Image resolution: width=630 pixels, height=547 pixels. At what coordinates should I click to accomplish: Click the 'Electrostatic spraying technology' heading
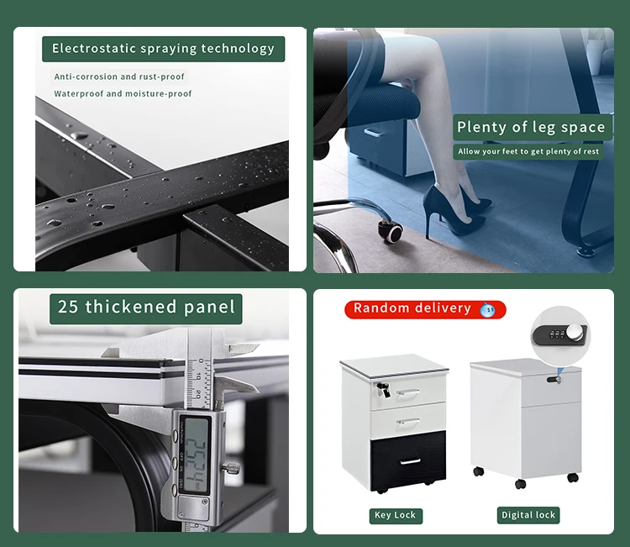click(163, 49)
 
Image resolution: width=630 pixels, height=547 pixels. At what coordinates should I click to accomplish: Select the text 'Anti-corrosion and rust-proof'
click(119, 76)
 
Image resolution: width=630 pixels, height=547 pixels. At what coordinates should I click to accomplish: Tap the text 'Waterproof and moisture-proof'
click(123, 94)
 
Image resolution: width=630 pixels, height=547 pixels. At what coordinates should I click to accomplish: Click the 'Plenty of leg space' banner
click(530, 128)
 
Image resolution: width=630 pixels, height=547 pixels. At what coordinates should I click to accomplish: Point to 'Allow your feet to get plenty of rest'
click(529, 152)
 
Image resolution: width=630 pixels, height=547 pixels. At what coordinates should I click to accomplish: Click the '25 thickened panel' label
click(146, 308)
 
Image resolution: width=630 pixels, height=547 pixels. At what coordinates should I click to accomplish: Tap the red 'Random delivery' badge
click(413, 308)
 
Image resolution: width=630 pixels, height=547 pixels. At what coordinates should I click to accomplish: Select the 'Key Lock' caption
click(395, 515)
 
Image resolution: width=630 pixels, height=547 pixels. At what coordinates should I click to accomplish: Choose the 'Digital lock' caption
click(528, 515)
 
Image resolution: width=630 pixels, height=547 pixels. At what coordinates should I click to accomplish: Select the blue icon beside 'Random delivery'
click(487, 310)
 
